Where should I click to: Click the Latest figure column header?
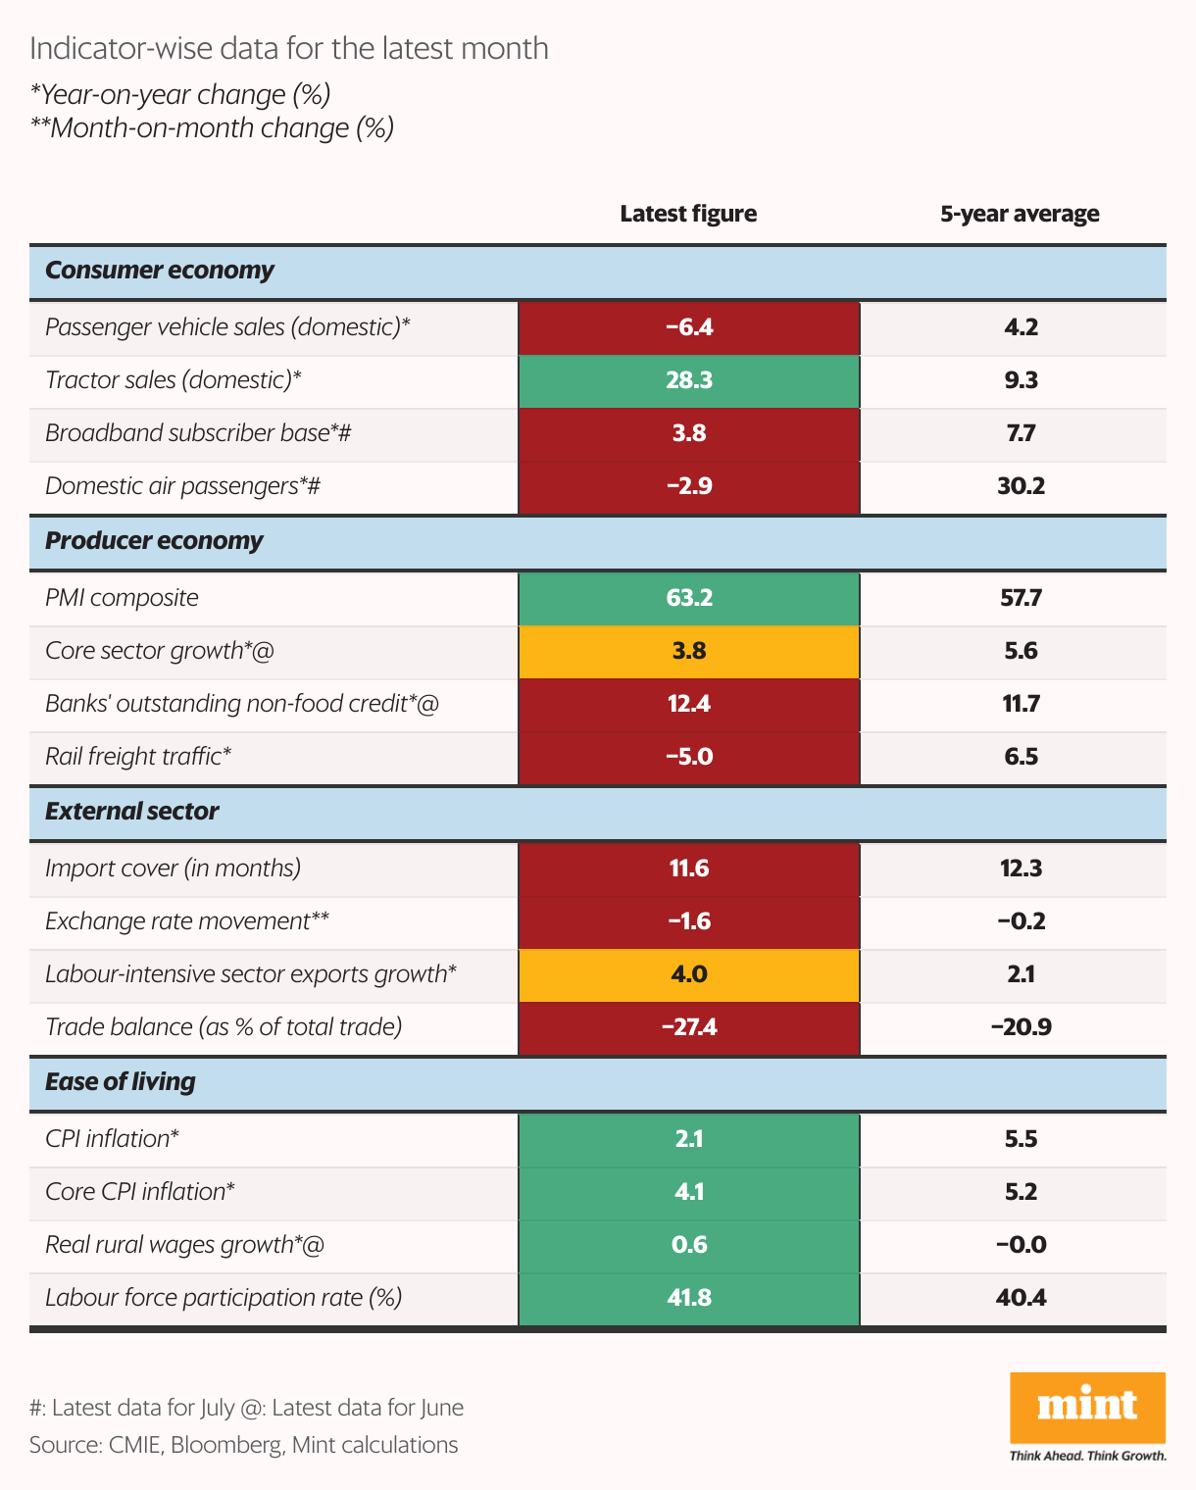coord(688,214)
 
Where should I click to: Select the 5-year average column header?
coord(1020,214)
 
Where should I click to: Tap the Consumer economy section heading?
coord(160,271)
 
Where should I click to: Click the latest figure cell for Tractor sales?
coord(688,380)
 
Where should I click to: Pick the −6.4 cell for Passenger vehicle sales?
coord(688,327)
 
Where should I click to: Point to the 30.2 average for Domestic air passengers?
coord(1021,486)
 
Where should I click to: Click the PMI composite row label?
coord(122,598)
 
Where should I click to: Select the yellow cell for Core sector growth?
coord(688,651)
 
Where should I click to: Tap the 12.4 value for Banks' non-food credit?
coord(688,704)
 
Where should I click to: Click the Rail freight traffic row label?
coord(138,757)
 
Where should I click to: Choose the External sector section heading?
coord(132,812)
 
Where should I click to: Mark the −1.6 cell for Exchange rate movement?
coord(688,921)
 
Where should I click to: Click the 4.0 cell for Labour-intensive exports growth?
coord(688,974)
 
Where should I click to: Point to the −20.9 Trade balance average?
coord(1021,1027)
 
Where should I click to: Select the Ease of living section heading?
coord(121,1082)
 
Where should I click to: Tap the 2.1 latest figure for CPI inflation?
coord(688,1139)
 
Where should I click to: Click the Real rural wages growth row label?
coord(184,1245)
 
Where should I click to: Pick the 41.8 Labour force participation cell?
coord(688,1298)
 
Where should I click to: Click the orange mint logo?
coord(1087,1408)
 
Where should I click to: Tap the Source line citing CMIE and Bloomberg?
coord(243,1445)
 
